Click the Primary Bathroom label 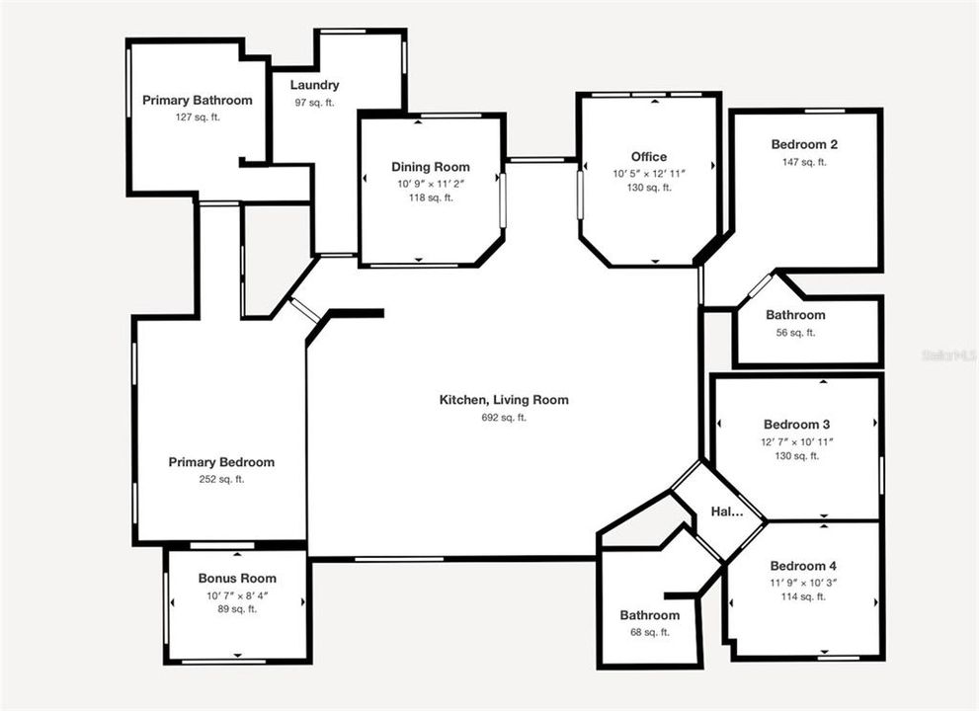[197, 100]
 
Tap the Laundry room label [314, 85]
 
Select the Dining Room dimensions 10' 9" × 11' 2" [431, 183]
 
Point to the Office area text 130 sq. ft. [648, 188]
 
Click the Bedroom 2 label [804, 144]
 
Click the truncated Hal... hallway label [726, 512]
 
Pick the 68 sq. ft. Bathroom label [649, 615]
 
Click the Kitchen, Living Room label [504, 400]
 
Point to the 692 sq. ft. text [504, 417]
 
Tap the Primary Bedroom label [221, 462]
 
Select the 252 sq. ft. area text [221, 479]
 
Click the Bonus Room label [237, 579]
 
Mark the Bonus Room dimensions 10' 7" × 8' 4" [237, 595]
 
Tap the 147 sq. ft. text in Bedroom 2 [804, 162]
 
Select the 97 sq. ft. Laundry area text [314, 103]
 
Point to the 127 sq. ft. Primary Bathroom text [197, 118]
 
